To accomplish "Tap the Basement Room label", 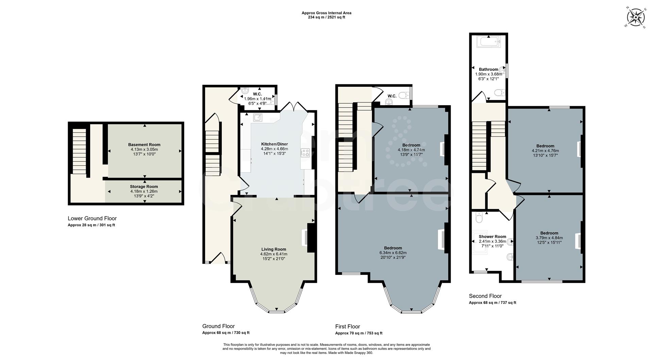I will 144,145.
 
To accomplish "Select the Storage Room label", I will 144,186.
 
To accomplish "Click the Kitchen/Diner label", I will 274,144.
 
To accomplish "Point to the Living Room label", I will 273,249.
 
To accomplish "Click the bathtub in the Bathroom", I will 488,42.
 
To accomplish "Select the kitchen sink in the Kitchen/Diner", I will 258,118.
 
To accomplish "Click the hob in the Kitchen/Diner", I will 305,153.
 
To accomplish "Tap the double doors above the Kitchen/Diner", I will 295,106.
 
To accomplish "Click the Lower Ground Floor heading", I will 92,218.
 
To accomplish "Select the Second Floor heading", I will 485,296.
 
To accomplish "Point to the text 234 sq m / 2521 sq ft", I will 326,17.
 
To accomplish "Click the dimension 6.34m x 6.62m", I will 393,253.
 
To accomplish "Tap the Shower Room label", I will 492,236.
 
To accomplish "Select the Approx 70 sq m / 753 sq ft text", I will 358,333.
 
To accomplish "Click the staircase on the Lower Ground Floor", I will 79,151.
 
